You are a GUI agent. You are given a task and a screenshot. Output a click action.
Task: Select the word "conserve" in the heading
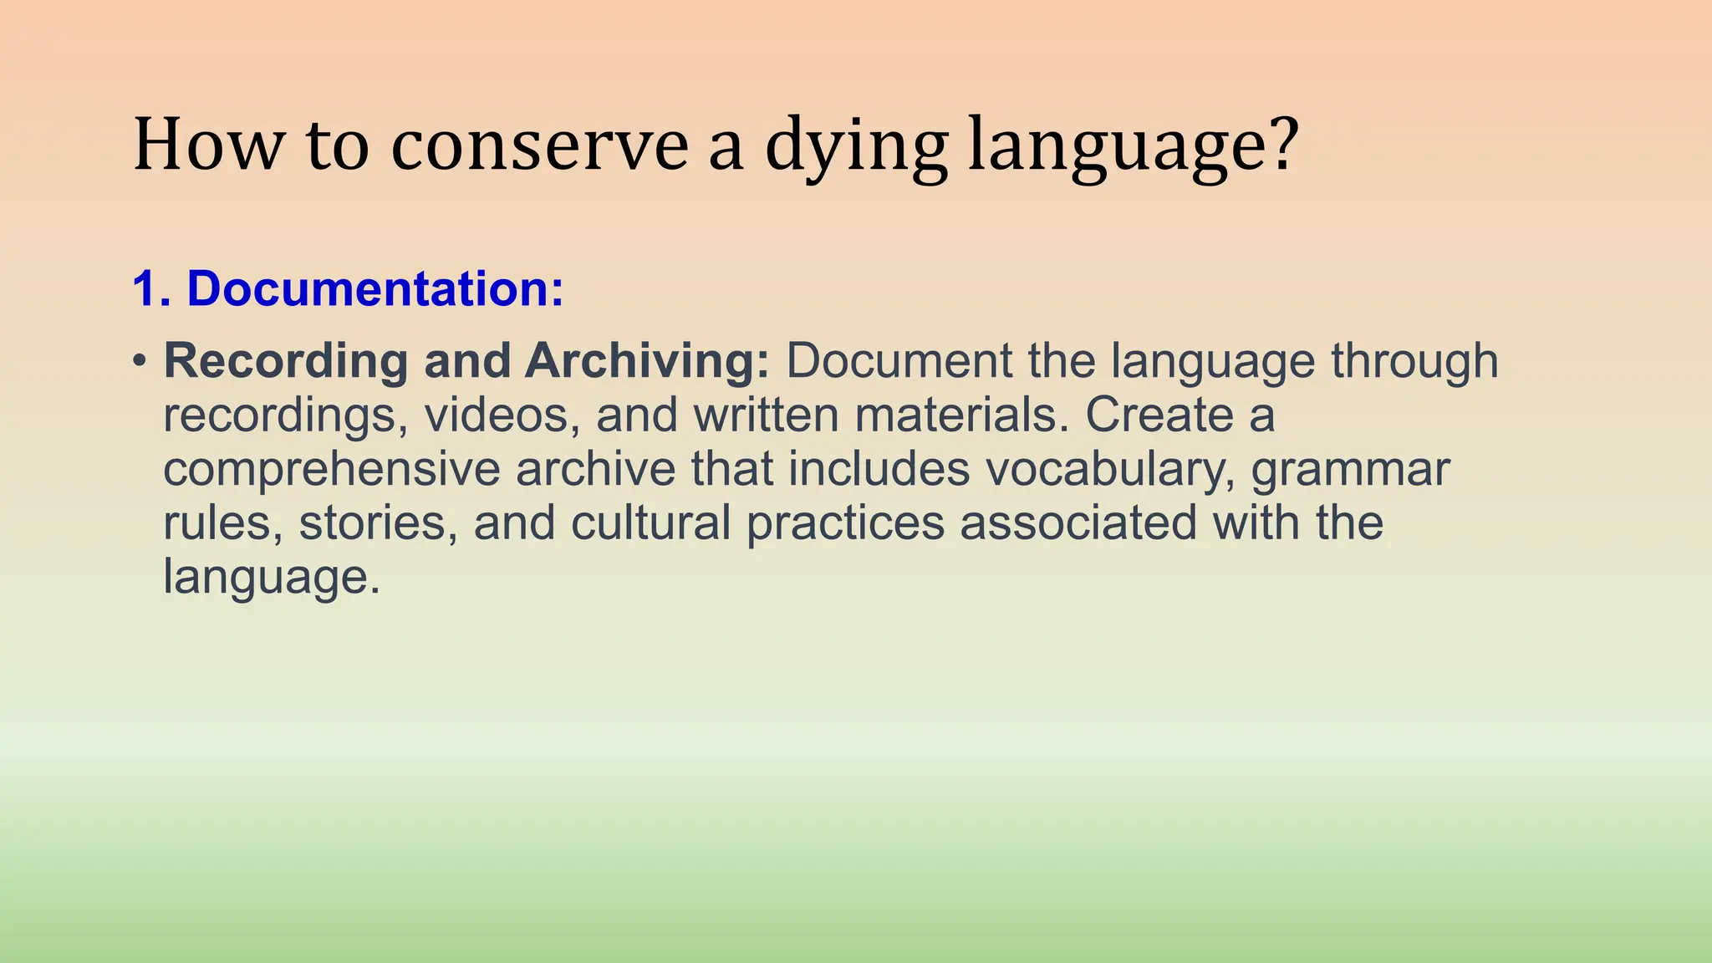539,145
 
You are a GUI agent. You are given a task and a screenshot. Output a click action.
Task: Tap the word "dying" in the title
856,147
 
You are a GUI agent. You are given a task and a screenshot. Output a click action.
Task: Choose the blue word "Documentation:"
375,288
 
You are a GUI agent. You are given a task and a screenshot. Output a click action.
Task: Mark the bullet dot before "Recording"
140,361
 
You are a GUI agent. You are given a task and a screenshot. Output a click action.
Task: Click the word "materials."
961,415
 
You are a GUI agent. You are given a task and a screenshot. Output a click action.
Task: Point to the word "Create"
1159,415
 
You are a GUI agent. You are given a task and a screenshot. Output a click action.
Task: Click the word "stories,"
379,523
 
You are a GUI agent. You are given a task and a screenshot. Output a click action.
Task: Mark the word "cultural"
651,523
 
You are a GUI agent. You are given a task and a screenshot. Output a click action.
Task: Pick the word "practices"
844,524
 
